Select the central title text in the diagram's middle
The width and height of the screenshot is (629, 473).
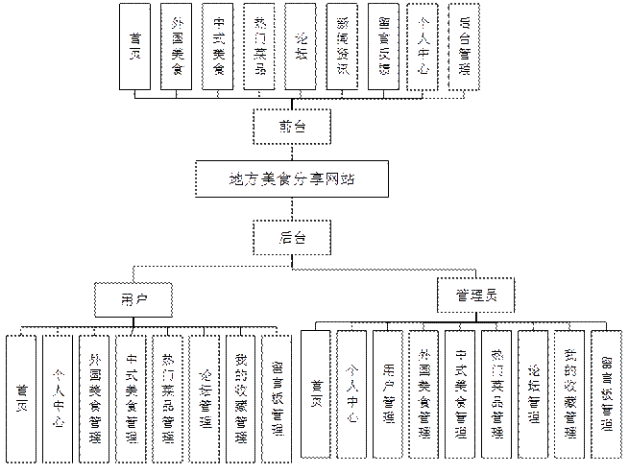pos(290,179)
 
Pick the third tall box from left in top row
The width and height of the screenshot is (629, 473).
pos(218,46)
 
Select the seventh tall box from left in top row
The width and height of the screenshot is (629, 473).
pos(385,46)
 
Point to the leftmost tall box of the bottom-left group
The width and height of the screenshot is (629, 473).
pos(21,392)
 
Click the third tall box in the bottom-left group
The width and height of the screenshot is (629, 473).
pos(96,392)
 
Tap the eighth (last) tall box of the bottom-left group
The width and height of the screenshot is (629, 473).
pos(277,392)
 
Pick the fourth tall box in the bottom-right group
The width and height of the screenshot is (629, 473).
pos(425,392)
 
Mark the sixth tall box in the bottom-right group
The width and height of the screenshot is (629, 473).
pos(534,392)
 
